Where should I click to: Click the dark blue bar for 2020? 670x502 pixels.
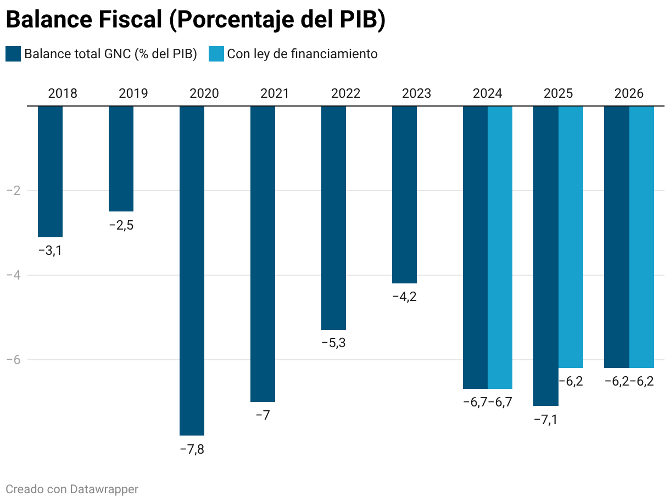[x=192, y=270]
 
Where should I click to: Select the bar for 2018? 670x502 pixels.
[x=50, y=171]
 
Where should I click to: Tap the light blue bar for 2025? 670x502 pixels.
[x=571, y=237]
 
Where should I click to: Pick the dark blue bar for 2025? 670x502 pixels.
[x=546, y=256]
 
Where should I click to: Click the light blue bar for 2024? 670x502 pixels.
[x=500, y=247]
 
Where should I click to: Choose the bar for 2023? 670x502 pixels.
[x=404, y=194]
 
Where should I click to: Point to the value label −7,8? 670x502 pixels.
[x=192, y=449]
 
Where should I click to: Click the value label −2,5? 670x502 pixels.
[x=121, y=225]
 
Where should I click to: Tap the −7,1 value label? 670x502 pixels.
[x=546, y=420]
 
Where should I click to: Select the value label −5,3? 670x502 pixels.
[x=333, y=343]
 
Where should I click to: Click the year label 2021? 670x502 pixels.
[x=275, y=93]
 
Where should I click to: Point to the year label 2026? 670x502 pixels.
[x=629, y=93]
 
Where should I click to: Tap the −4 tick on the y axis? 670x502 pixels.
[x=13, y=275]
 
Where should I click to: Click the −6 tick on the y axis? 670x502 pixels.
[x=13, y=360]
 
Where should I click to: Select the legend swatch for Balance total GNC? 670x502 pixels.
[x=13, y=54]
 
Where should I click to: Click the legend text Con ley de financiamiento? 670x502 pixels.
[x=302, y=54]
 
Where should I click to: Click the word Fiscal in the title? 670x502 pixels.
[x=130, y=20]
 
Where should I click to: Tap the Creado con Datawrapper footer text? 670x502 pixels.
[x=72, y=489]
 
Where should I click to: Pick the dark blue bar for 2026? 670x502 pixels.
[x=617, y=237]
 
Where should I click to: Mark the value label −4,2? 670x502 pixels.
[x=404, y=297]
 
